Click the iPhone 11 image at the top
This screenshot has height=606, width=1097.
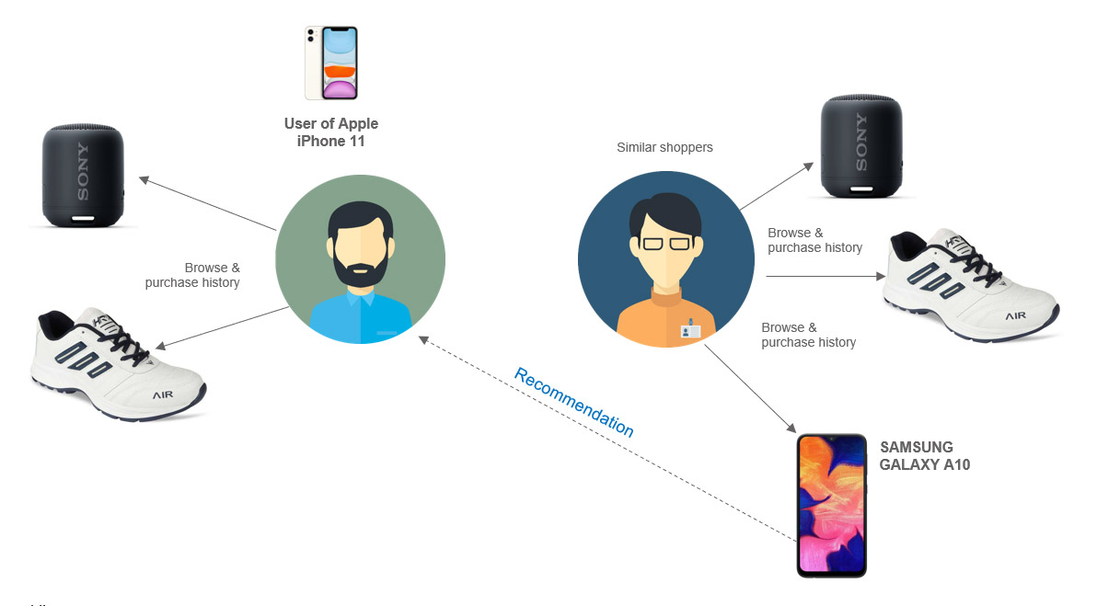click(x=331, y=63)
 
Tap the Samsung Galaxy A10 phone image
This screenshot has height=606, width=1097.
click(x=831, y=505)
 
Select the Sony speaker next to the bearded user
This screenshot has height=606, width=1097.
click(x=82, y=177)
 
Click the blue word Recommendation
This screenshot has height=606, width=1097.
click(x=573, y=402)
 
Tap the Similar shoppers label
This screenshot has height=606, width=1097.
click(x=664, y=147)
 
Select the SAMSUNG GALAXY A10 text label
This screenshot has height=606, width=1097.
click(x=924, y=456)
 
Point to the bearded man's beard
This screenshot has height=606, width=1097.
click(x=360, y=266)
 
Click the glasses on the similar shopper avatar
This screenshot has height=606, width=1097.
click(x=665, y=243)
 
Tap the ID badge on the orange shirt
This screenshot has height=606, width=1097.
click(x=690, y=329)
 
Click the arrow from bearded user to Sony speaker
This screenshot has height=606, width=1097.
click(x=207, y=203)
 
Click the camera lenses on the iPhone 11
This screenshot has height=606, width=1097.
click(x=311, y=36)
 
